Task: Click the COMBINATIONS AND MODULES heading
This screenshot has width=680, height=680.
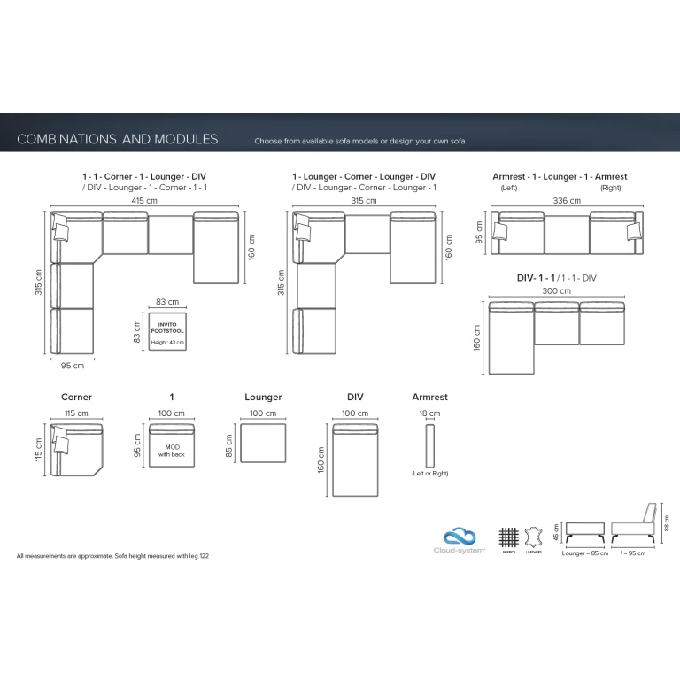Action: pos(118,139)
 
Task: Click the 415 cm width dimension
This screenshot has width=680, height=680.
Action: pos(145,201)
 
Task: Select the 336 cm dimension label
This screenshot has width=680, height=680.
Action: pos(567,201)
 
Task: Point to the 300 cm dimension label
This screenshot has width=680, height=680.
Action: pos(557,290)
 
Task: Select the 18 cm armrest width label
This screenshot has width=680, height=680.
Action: pos(430,413)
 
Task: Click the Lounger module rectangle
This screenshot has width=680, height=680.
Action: pos(264,443)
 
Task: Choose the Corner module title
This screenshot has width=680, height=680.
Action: pos(77,398)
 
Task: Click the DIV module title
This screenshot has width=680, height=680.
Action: pos(355,398)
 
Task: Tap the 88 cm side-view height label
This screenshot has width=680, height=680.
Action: pos(667,526)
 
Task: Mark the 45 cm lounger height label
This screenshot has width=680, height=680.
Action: pos(555,533)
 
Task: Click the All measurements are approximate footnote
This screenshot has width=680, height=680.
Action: pos(112,556)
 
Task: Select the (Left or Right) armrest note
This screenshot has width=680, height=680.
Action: pos(430,474)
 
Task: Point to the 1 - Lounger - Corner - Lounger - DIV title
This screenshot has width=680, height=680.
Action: pos(364,177)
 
